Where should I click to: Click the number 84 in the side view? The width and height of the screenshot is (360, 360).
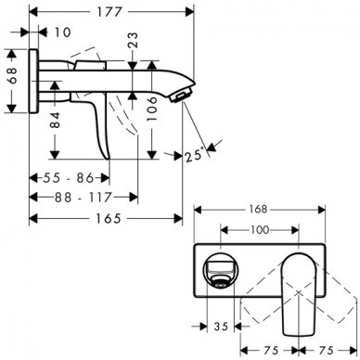[58, 120]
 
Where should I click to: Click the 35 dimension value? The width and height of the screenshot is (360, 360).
[220, 327]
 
